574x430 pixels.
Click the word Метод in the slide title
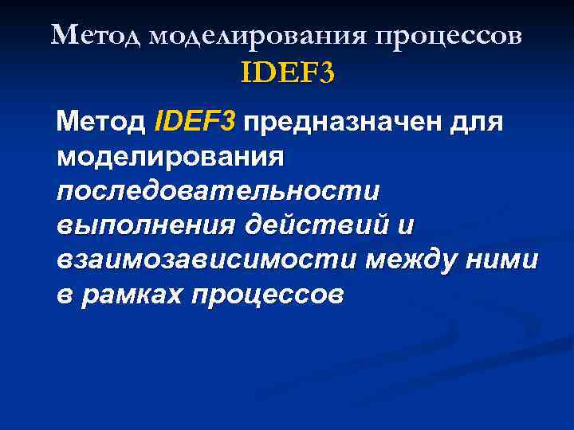pyautogui.click(x=96, y=36)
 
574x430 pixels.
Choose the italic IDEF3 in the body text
pyautogui.click(x=196, y=123)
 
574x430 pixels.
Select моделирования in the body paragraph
pyautogui.click(x=170, y=158)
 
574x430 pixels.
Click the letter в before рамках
pyautogui.click(x=65, y=296)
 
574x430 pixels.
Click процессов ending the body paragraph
pyautogui.click(x=268, y=296)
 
